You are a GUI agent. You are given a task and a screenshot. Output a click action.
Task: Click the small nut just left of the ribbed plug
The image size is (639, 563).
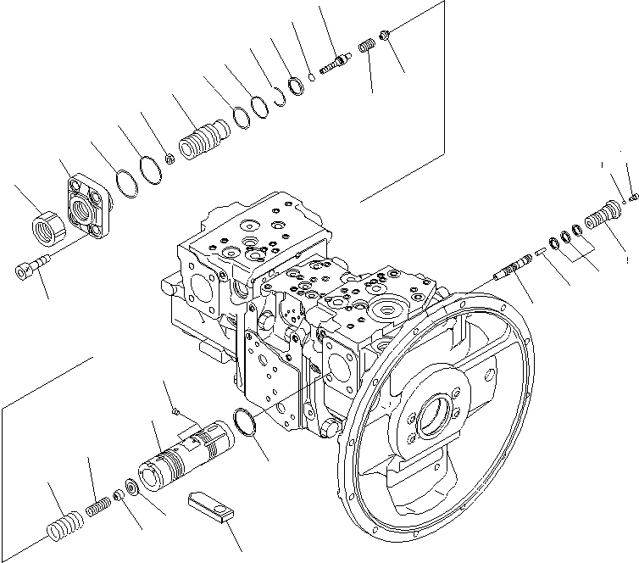pyautogui.click(x=169, y=157)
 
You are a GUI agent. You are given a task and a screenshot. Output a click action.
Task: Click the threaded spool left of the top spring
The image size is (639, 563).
pyautogui.click(x=336, y=61)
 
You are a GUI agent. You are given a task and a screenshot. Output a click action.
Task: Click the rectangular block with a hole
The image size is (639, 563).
pyautogui.click(x=209, y=506)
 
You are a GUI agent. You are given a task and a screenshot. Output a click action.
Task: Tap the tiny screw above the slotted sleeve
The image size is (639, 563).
pyautogui.click(x=175, y=412)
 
